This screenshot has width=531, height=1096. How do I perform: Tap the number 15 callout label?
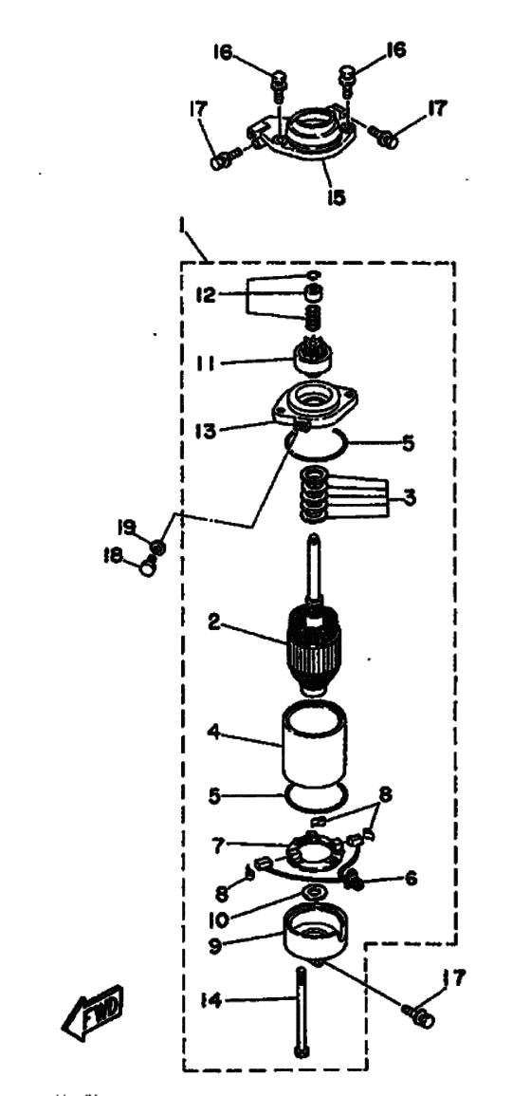pyautogui.click(x=336, y=198)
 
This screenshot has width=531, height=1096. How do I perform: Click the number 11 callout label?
pyautogui.click(x=206, y=363)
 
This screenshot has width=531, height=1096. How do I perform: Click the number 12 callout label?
pyautogui.click(x=206, y=294)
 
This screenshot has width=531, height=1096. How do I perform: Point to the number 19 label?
pyautogui.click(x=126, y=527)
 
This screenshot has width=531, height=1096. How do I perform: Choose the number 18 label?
pyautogui.click(x=113, y=556)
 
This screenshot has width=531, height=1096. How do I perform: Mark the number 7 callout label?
pyautogui.click(x=219, y=845)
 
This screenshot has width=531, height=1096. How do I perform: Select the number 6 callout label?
pyautogui.click(x=411, y=878)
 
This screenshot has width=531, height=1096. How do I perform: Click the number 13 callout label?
pyautogui.click(x=207, y=429)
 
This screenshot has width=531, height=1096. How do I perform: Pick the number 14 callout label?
pyautogui.click(x=211, y=1001)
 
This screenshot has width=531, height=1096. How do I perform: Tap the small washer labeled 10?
pyautogui.click(x=314, y=892)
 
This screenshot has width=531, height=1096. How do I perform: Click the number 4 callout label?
pyautogui.click(x=214, y=732)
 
